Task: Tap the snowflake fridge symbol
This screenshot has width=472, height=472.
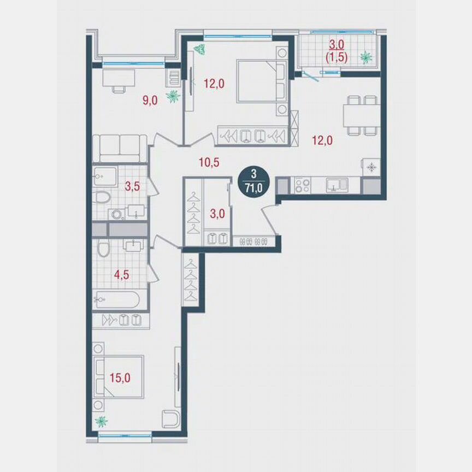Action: pyautogui.click(x=371, y=167)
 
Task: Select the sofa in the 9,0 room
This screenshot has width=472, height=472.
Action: pyautogui.click(x=119, y=147)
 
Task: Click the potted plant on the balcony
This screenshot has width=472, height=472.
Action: pyautogui.click(x=365, y=56)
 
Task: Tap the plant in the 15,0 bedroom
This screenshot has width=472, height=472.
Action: pyautogui.click(x=101, y=421)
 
